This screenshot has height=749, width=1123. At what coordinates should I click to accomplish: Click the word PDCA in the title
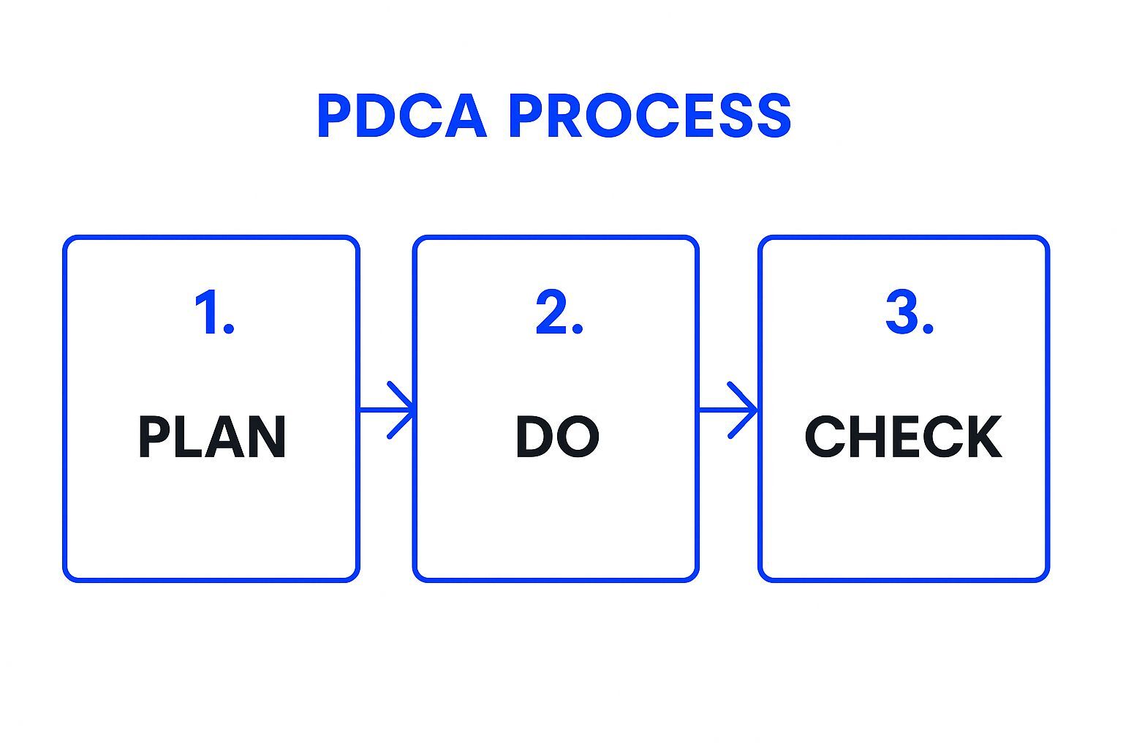click(x=401, y=116)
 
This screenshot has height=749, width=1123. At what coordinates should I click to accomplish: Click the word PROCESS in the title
click(x=649, y=116)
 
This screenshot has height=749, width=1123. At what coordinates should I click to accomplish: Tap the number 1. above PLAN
click(x=213, y=312)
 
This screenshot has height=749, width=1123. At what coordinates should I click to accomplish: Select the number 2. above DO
click(x=559, y=312)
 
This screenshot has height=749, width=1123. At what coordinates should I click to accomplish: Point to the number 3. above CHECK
click(x=909, y=312)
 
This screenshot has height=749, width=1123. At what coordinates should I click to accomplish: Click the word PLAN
click(x=212, y=437)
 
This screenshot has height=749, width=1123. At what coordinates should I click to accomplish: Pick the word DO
click(x=557, y=437)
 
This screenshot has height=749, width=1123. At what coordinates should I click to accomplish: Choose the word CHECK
click(x=904, y=437)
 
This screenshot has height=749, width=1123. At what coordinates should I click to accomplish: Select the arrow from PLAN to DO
click(x=387, y=410)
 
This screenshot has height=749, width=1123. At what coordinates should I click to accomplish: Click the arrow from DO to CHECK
click(x=729, y=410)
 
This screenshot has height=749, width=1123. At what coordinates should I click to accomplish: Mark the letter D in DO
click(x=535, y=437)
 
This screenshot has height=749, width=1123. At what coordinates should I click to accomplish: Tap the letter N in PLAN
click(x=267, y=437)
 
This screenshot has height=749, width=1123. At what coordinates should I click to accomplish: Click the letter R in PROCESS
click(x=564, y=116)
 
